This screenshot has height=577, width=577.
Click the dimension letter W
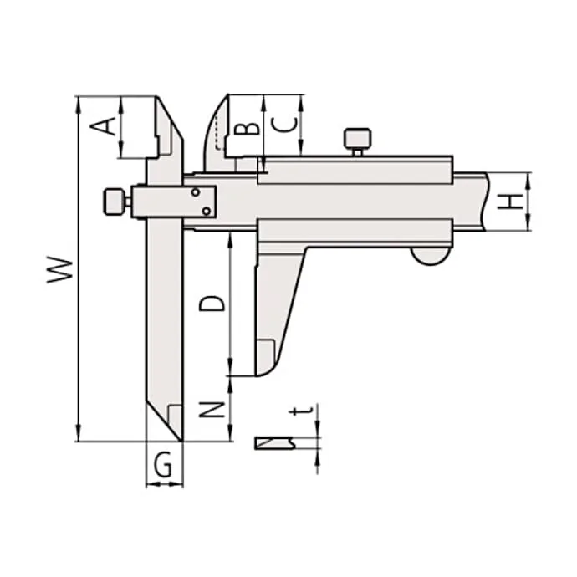tap(59, 270)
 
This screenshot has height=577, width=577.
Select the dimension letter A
tap(103, 126)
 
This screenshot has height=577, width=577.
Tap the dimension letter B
tap(247, 129)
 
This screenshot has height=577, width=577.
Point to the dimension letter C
tap(283, 125)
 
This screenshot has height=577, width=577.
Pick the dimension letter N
tap(212, 410)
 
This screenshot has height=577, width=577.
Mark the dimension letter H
tap(510, 201)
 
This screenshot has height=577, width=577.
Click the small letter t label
tap(301, 411)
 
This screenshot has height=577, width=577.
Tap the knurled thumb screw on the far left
tap(114, 202)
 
